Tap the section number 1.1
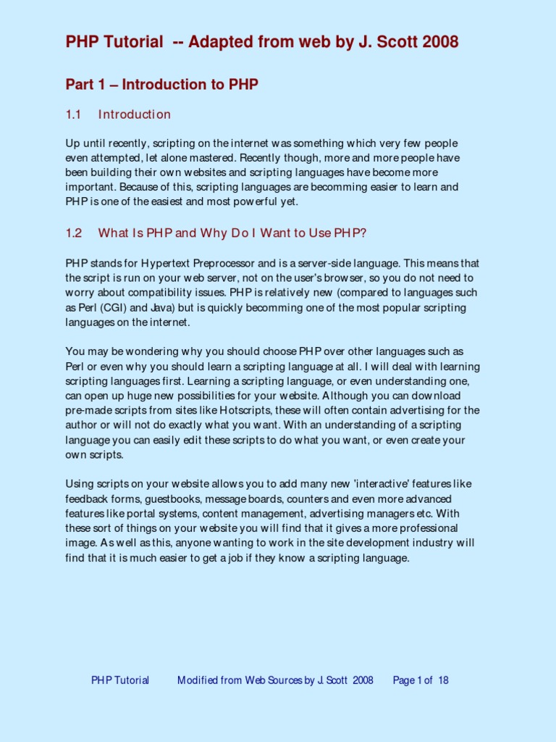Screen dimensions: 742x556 pyautogui.click(x=75, y=114)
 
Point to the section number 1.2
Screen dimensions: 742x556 pyautogui.click(x=75, y=233)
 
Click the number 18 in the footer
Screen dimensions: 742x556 pyautogui.click(x=443, y=680)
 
